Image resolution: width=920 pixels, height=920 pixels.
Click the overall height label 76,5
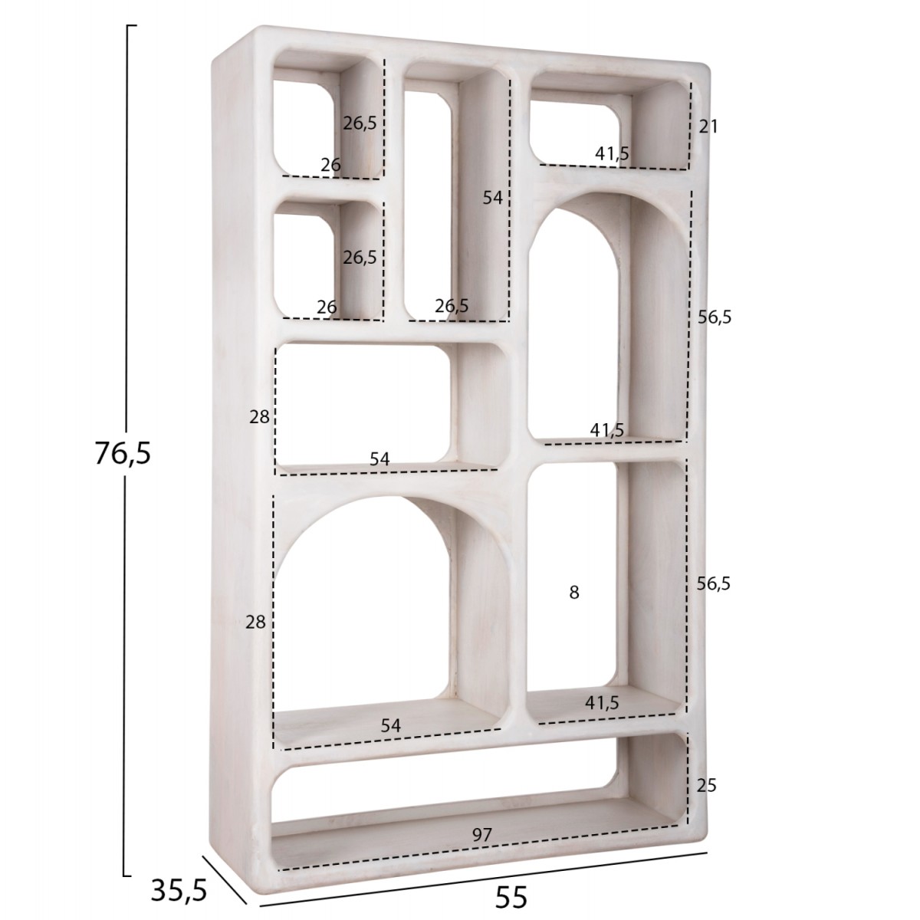coord(123,454)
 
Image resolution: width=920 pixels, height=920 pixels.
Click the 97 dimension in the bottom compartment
coord(481,836)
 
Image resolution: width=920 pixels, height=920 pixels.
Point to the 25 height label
coord(708,786)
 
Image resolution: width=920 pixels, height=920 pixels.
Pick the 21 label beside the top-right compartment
coord(708,127)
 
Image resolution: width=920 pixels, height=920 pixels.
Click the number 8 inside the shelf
coord(574,592)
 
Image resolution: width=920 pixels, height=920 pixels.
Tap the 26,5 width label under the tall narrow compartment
coord(452,306)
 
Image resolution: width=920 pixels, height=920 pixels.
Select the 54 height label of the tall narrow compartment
coord(492,198)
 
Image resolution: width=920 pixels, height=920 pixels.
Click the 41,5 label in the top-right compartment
coord(612,153)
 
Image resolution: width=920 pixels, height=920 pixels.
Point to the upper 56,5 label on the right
coord(715,317)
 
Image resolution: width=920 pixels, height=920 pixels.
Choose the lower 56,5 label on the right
coord(714,583)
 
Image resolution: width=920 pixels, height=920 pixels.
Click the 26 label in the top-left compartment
coord(330,165)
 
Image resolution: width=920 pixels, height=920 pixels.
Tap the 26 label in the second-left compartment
coord(327,307)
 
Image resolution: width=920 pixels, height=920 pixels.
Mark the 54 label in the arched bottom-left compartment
coord(390,724)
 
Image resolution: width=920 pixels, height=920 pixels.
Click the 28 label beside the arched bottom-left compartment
coord(255,623)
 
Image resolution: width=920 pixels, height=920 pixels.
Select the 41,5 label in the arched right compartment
coord(607,431)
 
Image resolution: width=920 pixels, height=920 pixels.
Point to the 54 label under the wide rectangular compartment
coord(379,459)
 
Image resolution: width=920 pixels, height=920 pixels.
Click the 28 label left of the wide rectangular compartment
coord(259,417)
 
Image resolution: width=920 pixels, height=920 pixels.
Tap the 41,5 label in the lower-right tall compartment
coord(602,701)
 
